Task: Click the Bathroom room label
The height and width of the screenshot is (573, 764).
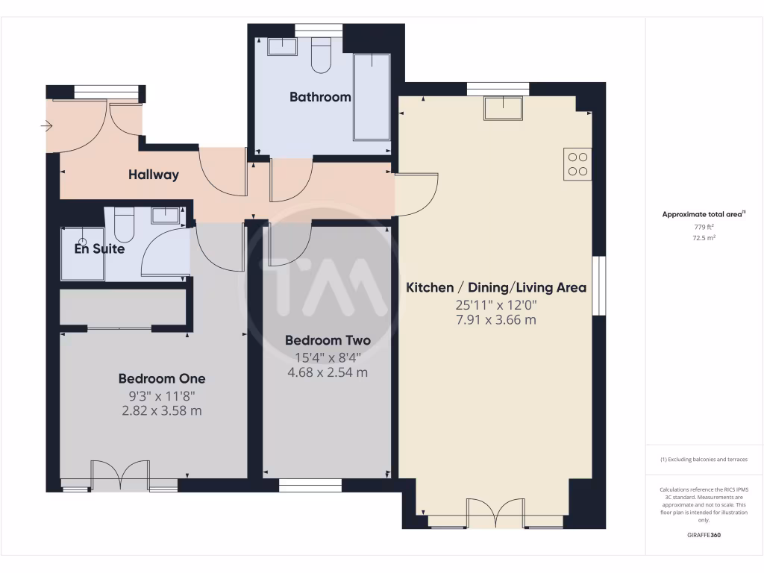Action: pos(320,97)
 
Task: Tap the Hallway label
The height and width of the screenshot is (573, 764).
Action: pos(154,175)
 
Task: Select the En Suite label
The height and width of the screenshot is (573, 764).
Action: pos(99,249)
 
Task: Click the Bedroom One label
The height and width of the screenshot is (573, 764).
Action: pos(162,379)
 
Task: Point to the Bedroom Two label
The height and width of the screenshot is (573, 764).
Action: pos(328,341)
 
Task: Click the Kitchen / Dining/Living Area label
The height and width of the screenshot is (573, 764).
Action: pos(496,288)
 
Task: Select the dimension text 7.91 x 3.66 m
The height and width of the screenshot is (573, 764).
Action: pos(496,321)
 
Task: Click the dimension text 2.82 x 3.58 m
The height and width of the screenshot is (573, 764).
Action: pos(162,411)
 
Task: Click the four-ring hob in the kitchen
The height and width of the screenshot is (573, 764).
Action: pos(577,164)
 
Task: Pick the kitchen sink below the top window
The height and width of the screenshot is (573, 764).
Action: pos(504,109)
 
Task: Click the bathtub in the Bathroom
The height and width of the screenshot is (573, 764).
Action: pos(372,97)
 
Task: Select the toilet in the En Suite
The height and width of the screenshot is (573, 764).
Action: pos(124,225)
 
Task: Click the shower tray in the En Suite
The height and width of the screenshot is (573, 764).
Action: pos(82,254)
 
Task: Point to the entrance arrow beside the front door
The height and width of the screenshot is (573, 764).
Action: pos(46,128)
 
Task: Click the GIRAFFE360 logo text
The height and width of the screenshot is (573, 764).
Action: pos(704,535)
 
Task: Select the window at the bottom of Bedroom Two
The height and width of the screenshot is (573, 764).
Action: pos(310,485)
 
